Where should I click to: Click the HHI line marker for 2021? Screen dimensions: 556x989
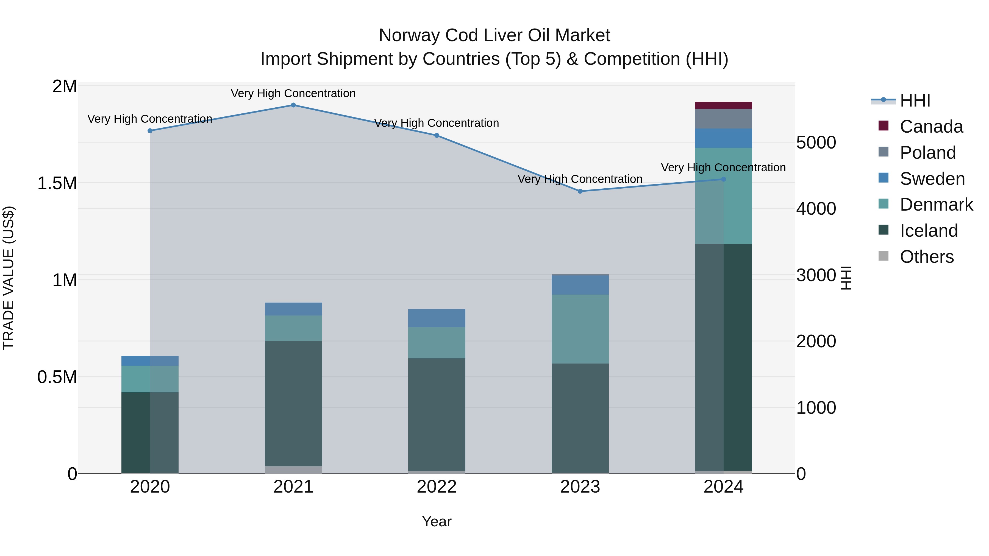coord(293,105)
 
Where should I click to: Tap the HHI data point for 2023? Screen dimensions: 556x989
coord(580,191)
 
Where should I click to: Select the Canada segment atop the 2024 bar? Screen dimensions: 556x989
coord(723,105)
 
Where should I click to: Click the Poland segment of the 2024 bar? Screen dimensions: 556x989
coord(723,119)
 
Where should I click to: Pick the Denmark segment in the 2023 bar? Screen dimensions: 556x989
coord(580,329)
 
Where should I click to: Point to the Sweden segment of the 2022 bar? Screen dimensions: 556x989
coord(437,318)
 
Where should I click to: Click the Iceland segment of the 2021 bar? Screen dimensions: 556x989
coord(293,403)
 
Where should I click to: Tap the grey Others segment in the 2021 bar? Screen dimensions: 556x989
coord(293,470)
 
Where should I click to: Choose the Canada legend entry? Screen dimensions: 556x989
coord(931,127)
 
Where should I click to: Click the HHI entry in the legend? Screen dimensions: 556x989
coord(915,100)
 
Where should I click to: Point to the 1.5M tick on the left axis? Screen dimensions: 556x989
coord(57,183)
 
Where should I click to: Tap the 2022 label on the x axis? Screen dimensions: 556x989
coord(437,487)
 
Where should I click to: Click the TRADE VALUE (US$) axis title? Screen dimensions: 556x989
coord(9,278)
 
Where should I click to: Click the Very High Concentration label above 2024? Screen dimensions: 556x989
coord(723,168)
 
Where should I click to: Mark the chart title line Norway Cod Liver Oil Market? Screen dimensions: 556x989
coord(494,35)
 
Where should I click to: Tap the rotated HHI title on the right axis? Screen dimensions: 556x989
coord(846,278)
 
